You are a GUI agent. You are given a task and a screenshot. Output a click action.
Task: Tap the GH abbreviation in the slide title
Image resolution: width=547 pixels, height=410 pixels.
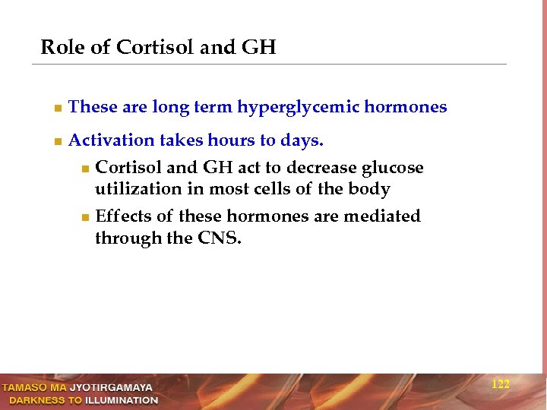(258, 48)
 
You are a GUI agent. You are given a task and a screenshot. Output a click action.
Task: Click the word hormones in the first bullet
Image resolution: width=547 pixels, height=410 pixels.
(406, 107)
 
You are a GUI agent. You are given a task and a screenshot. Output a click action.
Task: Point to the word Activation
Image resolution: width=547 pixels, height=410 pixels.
(111, 140)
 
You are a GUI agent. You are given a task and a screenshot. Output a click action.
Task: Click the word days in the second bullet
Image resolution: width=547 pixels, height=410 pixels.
(302, 141)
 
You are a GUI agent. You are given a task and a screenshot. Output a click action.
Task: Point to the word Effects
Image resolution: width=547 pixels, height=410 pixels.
(123, 216)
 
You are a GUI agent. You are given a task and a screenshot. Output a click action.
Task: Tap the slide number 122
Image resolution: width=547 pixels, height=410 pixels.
(500, 384)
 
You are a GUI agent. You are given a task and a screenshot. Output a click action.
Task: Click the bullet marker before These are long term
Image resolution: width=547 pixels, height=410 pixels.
(57, 108)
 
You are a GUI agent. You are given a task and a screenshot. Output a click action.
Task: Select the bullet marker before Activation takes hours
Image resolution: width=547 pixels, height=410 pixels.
(57, 141)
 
